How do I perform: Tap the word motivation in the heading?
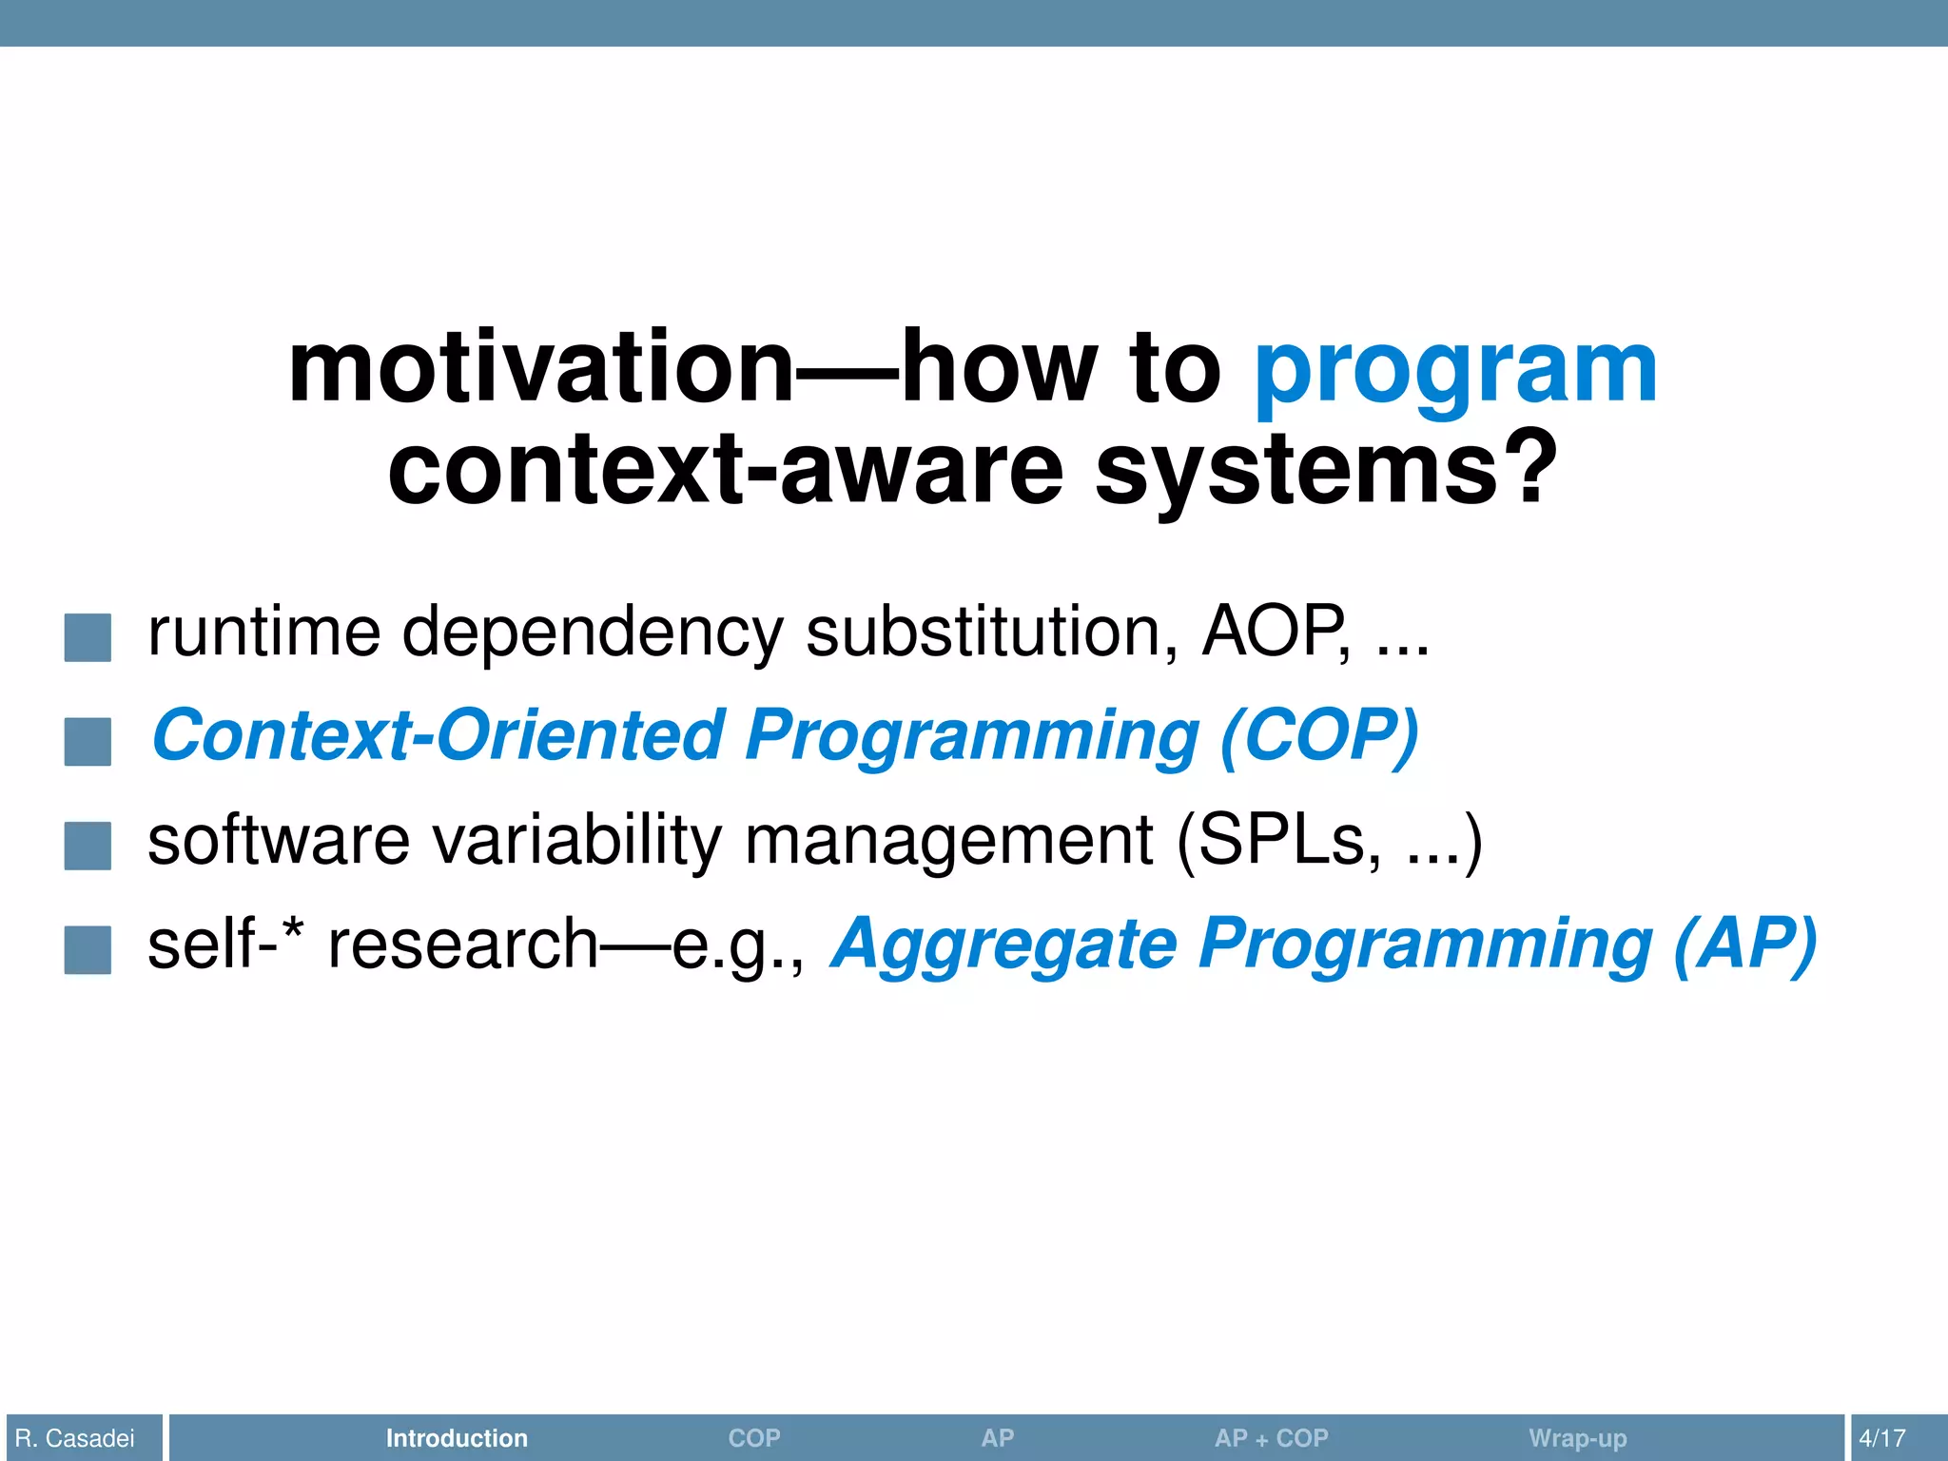tap(540, 367)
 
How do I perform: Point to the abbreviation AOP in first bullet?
tap(1275, 632)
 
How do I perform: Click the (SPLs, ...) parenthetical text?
tap(1328, 841)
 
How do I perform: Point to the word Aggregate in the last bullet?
tap(1004, 945)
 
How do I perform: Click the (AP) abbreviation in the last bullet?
tap(1744, 945)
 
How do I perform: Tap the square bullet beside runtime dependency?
tap(88, 637)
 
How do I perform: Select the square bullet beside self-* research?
tap(88, 949)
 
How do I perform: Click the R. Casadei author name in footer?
tap(75, 1438)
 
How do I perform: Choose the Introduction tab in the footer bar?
tap(457, 1438)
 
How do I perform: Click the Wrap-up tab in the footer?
tap(1577, 1438)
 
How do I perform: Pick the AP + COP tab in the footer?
tap(1271, 1438)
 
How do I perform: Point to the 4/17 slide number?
tap(1881, 1438)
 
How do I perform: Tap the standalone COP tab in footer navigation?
tap(753, 1438)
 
